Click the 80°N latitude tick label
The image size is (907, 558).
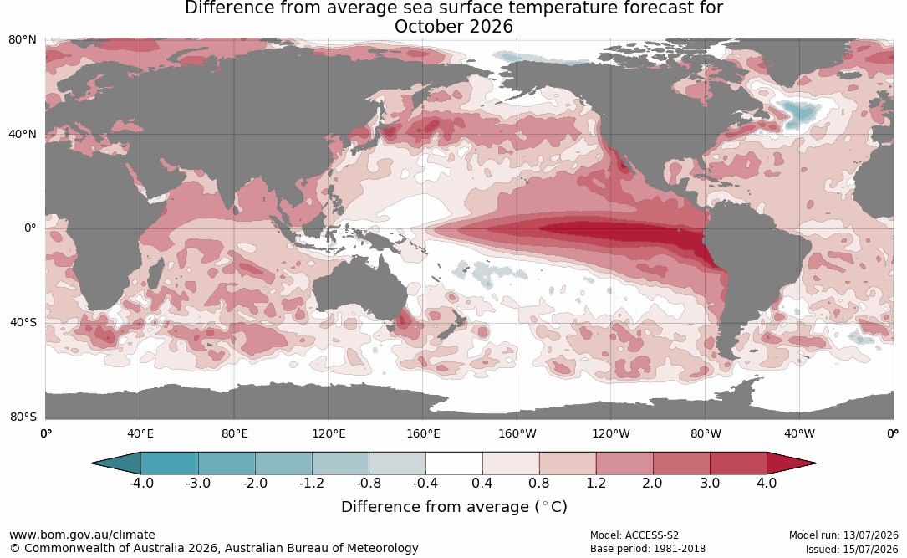coord(22,40)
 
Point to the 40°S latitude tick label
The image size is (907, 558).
coord(23,322)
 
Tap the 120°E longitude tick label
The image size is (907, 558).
coord(329,433)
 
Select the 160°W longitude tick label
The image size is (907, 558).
coord(517,433)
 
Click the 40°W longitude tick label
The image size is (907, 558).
coord(800,433)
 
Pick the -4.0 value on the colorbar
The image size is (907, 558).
coord(141,483)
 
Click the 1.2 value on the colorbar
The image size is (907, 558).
coord(596,483)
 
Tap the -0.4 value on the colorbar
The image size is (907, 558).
coord(425,483)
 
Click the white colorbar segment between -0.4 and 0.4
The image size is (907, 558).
coord(454,463)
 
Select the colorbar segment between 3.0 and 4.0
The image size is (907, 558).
coord(738,463)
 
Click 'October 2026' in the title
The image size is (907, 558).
coord(453,27)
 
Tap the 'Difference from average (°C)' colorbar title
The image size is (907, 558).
coord(454,507)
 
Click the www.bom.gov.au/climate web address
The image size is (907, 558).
coord(82,535)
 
